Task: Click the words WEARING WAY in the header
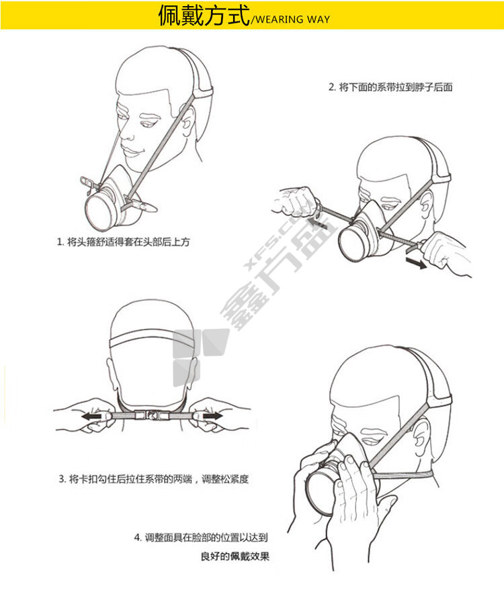[x=293, y=19]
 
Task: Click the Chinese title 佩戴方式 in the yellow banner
[x=204, y=15]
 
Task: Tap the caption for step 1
[x=123, y=242]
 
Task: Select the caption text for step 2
[x=390, y=87]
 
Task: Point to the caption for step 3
[x=154, y=479]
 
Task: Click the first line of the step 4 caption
[x=201, y=537]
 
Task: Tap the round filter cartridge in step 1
[x=99, y=211]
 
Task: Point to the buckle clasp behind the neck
[x=152, y=415]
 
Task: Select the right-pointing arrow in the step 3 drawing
[x=212, y=415]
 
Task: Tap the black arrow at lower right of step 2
[x=416, y=262]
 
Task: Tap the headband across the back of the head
[x=152, y=340]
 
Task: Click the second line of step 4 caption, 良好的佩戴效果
[x=235, y=556]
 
